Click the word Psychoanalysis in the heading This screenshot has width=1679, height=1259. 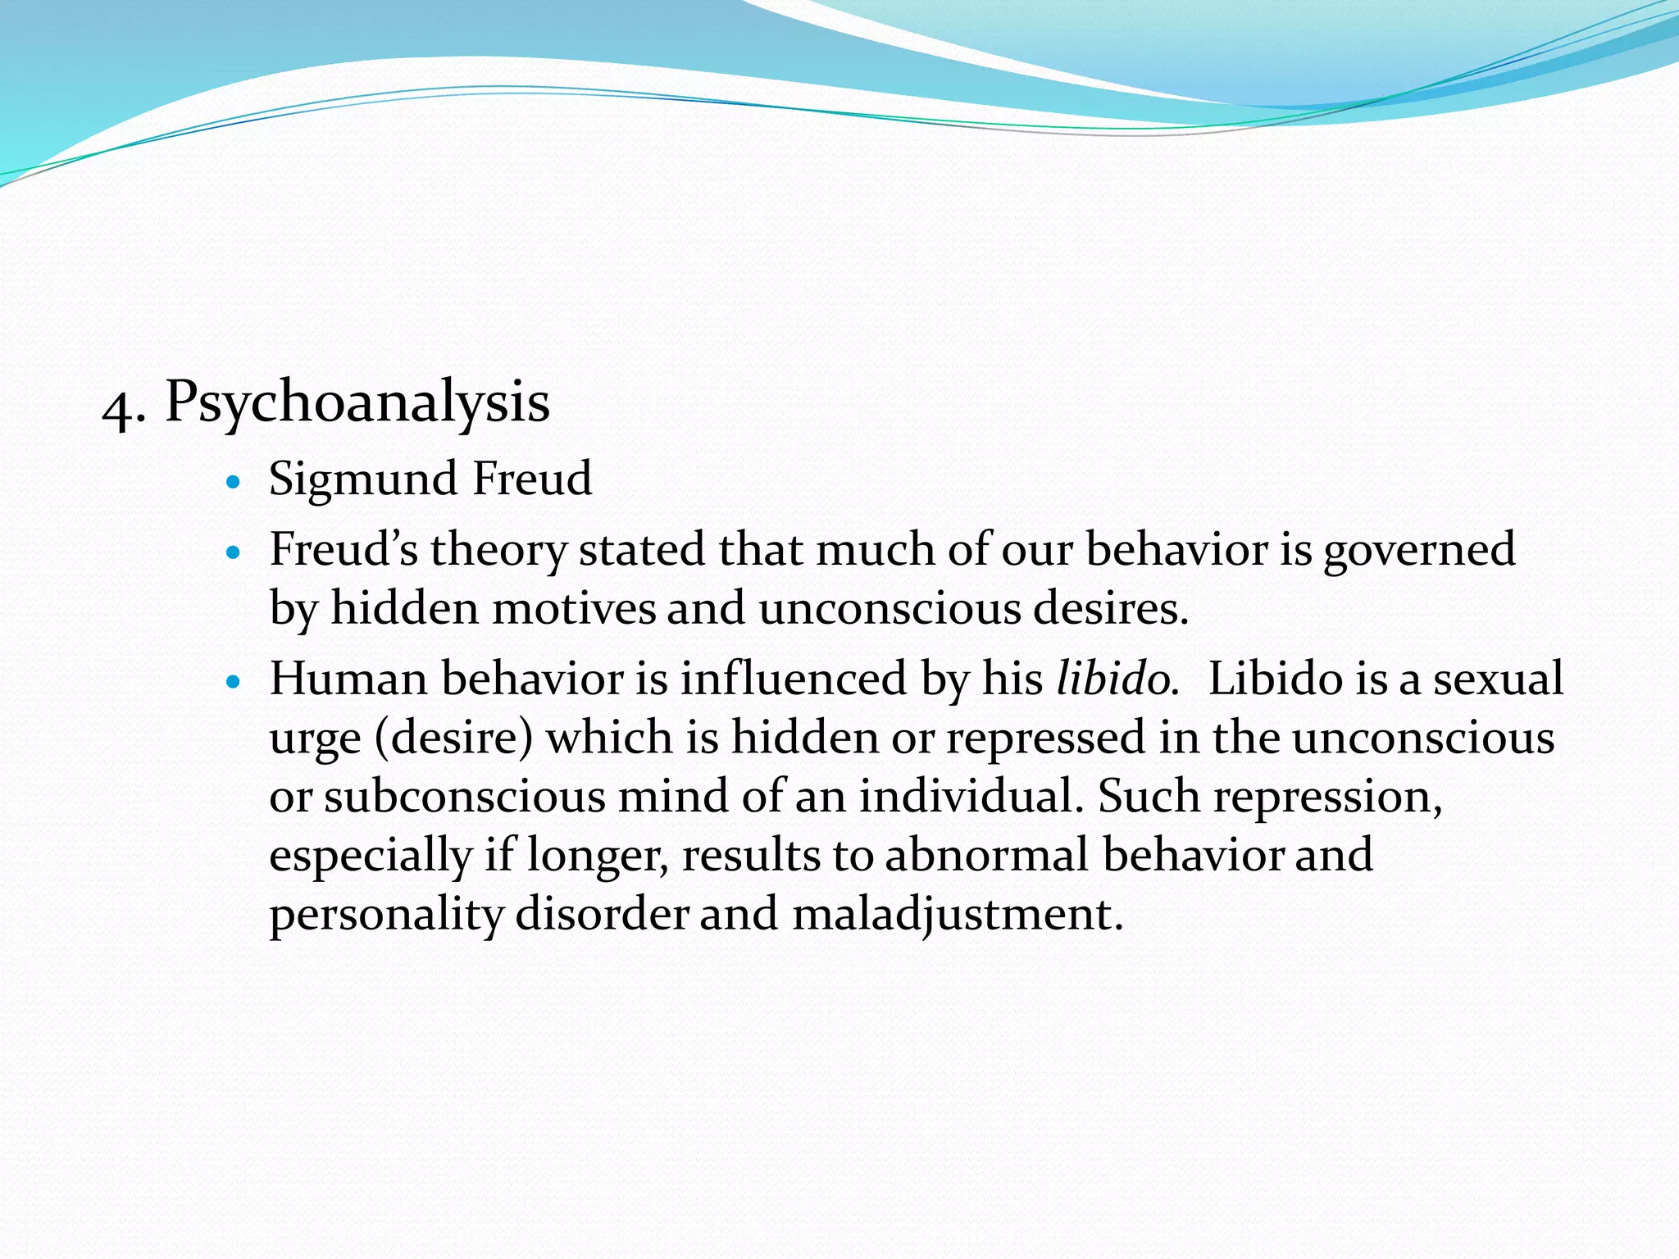pyautogui.click(x=357, y=403)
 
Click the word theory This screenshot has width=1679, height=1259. pyautogui.click(x=498, y=551)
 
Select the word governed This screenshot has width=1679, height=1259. pyautogui.click(x=1419, y=551)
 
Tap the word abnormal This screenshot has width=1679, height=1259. pyautogui.click(x=986, y=855)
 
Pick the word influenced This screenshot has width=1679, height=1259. pyautogui.click(x=793, y=679)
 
